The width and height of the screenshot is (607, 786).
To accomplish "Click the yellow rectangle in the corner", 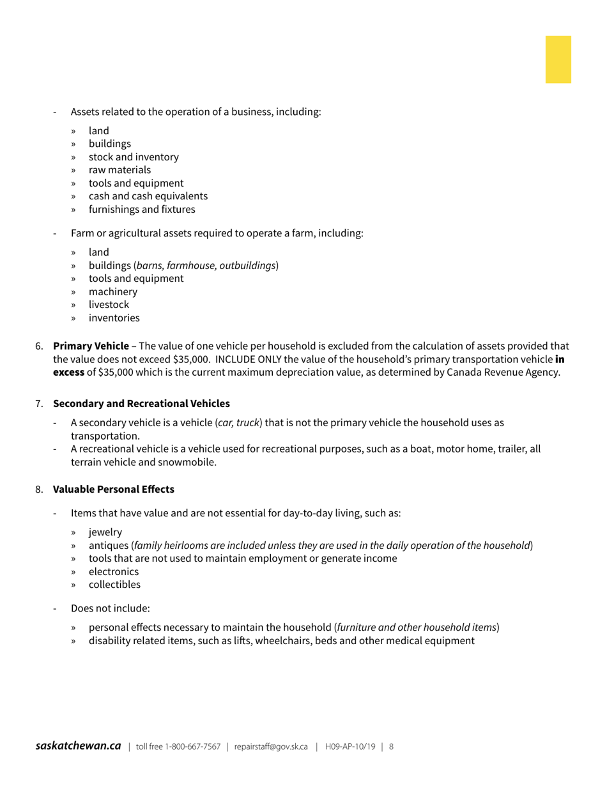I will (558, 59).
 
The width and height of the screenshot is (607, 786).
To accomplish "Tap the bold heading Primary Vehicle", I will (91, 346).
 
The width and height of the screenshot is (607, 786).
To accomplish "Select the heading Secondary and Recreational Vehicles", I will (141, 404).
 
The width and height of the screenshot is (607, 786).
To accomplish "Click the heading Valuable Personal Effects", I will (113, 489).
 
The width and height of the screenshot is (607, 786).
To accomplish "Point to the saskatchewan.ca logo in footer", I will (78, 746).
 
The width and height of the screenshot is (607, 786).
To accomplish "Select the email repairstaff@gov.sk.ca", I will (271, 746).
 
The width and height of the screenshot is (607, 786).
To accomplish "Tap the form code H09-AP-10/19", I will (350, 746).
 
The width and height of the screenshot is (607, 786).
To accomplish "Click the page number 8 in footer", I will (391, 746).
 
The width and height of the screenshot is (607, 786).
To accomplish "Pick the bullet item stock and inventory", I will (134, 157).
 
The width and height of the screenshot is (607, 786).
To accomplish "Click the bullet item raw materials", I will (119, 170).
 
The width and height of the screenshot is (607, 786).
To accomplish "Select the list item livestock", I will (109, 305).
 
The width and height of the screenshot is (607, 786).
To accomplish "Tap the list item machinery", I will (112, 292).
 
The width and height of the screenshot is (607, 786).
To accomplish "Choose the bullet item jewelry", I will (105, 532).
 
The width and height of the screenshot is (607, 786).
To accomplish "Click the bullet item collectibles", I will (114, 585).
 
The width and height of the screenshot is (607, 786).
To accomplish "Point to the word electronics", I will (114, 572).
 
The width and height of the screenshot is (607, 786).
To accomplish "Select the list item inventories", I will (114, 318).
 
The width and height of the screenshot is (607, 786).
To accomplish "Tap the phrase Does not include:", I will (110, 608).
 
